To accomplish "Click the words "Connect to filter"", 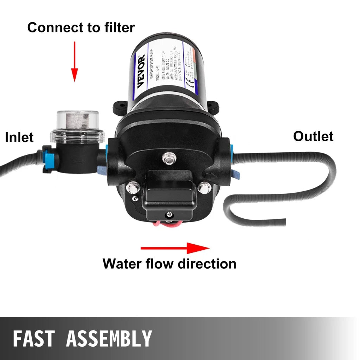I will point(81,27).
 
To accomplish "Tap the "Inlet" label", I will point(19,137).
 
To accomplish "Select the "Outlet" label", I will point(313,136).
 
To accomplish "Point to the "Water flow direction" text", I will point(169,263).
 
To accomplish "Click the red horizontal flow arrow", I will point(175,248).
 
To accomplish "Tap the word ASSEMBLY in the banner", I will point(109,339).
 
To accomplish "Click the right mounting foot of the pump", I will point(213,105).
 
